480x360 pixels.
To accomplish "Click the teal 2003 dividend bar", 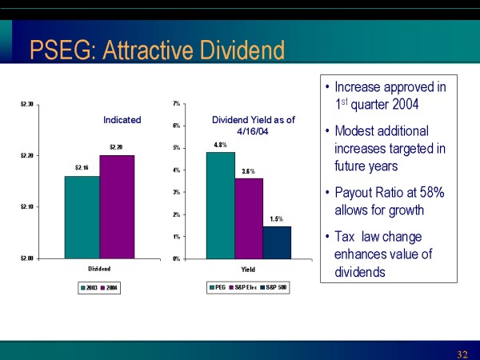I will tap(82, 217).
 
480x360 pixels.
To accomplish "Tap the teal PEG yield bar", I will tap(221, 205).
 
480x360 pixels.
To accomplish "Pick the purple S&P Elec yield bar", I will tap(249, 218).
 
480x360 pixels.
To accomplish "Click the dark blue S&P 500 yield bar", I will tap(277, 242).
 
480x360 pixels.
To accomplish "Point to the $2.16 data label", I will tap(82, 168).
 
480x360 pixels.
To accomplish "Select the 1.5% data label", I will tap(276, 218).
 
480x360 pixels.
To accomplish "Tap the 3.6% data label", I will tap(248, 171).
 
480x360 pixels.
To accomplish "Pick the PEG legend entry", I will tap(218, 287).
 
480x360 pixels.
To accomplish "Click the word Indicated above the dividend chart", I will tap(122, 120).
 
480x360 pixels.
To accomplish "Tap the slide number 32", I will tap(462, 354).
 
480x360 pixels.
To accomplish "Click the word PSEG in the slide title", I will tap(58, 51).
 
